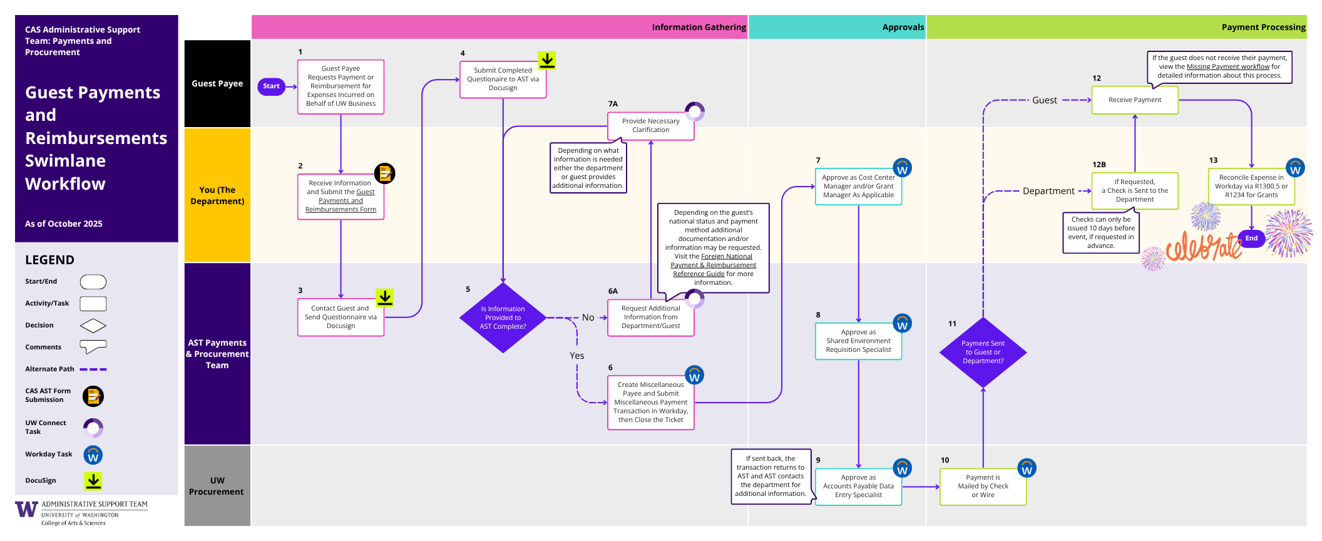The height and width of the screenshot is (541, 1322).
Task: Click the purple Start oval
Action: coord(271,86)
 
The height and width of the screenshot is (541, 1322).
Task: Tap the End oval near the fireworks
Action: coord(1251,239)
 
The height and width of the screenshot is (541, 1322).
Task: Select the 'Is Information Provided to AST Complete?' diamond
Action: coord(503,318)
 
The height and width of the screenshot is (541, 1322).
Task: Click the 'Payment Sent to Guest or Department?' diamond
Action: coord(983,353)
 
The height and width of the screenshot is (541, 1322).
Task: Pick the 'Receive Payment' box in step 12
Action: coord(1134,100)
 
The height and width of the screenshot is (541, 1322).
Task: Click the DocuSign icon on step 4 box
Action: coord(547,60)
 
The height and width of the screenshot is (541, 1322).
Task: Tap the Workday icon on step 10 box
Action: coord(1027,468)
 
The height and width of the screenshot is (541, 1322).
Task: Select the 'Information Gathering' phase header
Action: coord(699,28)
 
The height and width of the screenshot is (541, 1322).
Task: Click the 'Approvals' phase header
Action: coord(903,28)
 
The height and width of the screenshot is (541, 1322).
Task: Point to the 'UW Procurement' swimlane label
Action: coord(217,486)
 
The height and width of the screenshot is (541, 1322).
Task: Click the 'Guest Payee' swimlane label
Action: coord(217,84)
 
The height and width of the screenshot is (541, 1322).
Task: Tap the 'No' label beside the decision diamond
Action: coord(588,317)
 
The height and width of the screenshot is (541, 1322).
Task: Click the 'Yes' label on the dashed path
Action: coord(576,356)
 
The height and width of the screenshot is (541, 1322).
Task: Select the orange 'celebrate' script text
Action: coord(1203,247)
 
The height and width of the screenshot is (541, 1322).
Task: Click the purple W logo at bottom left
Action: coord(26,509)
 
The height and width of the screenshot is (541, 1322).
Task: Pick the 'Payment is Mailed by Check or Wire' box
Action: coord(983,487)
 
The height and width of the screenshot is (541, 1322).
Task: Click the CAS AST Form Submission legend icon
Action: coord(93,396)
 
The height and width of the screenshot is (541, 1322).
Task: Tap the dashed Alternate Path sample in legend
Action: coord(93,369)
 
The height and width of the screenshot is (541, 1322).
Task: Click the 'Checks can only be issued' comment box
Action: coord(1100,233)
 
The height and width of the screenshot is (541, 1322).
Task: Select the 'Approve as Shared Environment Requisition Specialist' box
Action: coord(858,341)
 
